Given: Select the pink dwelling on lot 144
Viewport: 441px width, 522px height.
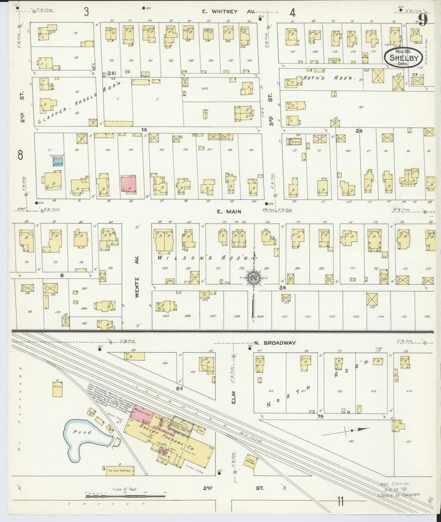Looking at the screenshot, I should point(129,184).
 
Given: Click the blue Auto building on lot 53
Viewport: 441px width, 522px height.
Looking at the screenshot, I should point(58,162).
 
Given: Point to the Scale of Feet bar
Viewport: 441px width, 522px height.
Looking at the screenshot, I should point(125,497).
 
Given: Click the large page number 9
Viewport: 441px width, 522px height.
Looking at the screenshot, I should point(423,20).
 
